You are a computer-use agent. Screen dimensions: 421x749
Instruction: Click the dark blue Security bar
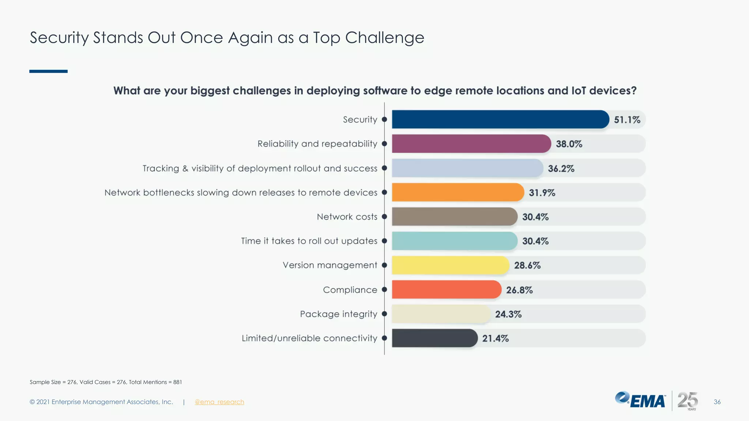(500, 120)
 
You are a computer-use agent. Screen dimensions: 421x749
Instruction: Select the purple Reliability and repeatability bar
(471, 144)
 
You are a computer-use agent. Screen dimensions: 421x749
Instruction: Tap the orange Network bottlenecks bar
(458, 192)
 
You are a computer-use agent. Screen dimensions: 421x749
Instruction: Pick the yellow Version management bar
(450, 265)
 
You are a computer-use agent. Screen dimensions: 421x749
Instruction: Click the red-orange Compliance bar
(446, 289)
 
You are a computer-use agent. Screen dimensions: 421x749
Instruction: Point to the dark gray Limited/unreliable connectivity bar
(434, 338)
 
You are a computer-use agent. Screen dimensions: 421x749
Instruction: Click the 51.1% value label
(627, 120)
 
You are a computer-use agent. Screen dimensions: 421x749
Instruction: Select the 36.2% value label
(561, 168)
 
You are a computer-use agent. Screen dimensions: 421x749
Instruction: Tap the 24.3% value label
(508, 314)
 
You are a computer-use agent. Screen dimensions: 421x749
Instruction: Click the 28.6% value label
(527, 265)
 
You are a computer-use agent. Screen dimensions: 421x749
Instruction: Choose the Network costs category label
(347, 217)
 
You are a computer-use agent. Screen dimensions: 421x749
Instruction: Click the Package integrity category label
(338, 314)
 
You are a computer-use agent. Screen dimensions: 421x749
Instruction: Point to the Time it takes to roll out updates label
(309, 241)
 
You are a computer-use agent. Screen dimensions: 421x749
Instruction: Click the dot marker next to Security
(384, 120)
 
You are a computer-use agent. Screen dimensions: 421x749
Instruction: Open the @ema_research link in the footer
(219, 402)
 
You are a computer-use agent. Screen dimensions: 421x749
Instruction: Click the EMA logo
(640, 400)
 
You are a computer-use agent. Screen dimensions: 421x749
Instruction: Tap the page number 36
(717, 402)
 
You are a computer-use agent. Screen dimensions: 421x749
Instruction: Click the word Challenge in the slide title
(384, 38)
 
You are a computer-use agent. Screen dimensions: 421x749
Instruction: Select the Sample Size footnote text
(106, 382)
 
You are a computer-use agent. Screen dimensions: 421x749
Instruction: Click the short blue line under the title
(48, 71)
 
